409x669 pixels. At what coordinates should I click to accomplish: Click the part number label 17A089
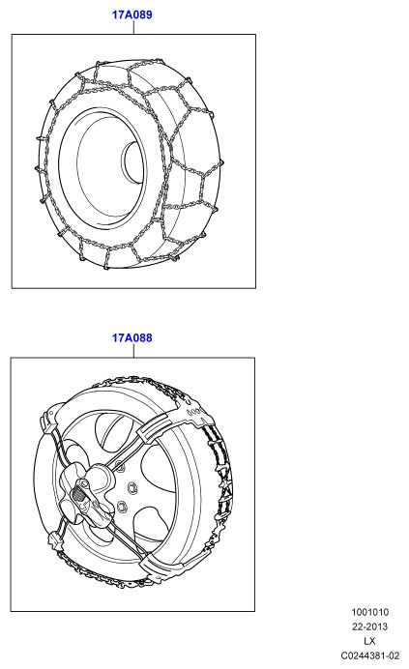(x=131, y=15)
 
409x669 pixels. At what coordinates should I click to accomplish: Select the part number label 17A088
(x=131, y=338)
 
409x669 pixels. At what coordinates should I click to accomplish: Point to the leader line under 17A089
(x=133, y=27)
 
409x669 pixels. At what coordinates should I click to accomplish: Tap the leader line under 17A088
(x=133, y=351)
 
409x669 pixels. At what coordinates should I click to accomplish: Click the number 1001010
(x=370, y=612)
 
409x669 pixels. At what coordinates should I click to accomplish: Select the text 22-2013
(x=369, y=626)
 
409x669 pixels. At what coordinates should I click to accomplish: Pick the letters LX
(x=369, y=641)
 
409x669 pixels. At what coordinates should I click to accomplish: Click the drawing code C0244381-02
(x=369, y=655)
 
